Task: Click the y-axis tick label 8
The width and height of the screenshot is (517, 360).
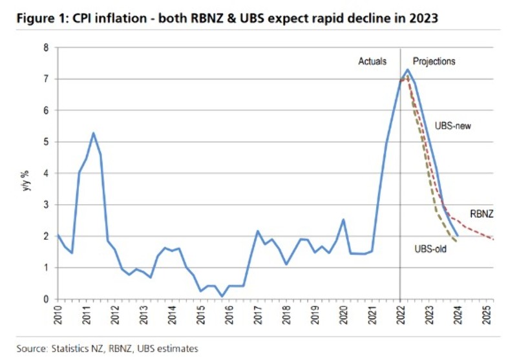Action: pos(45,48)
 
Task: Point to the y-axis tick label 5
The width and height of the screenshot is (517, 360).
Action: pos(45,142)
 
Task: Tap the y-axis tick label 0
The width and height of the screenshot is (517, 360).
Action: pos(45,299)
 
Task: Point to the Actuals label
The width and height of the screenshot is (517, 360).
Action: pos(372,61)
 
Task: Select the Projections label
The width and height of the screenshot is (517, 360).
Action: pos(434,61)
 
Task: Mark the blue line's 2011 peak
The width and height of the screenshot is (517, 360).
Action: pos(94,133)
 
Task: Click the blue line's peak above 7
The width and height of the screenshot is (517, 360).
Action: pos(407,70)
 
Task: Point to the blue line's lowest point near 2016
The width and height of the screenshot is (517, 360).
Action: pos(222,296)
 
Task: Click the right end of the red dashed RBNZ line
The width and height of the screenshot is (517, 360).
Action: pos(494,239)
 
